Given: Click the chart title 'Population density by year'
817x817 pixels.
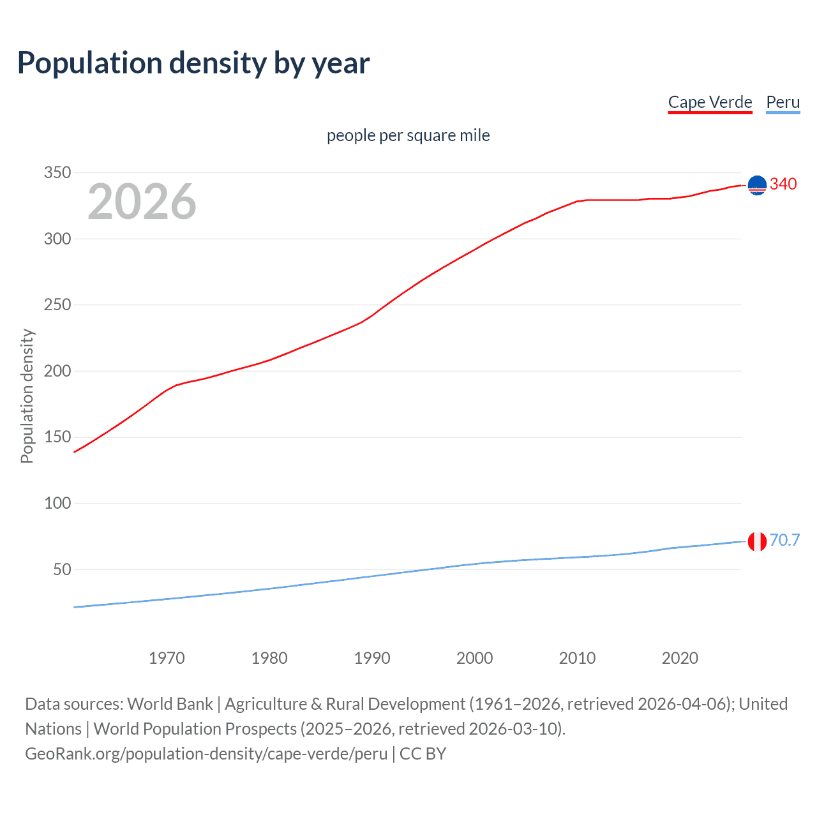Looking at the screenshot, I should pos(193,63).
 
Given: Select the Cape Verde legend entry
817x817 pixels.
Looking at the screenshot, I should pos(710,102).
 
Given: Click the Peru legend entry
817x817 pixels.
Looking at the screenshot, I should pos(783,102).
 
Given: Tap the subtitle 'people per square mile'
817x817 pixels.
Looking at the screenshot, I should pos(408,136).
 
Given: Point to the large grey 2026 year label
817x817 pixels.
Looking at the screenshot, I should pos(142,202).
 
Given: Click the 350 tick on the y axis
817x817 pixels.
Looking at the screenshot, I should pos(57,173).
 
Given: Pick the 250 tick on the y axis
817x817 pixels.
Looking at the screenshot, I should pos(57,305).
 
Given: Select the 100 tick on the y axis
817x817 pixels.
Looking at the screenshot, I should pos(57,504).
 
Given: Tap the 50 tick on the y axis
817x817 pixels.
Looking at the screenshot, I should pos(62,569).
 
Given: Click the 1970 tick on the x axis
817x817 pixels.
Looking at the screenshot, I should pos(167,658).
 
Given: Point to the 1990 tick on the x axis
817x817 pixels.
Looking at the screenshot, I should pos(372,658).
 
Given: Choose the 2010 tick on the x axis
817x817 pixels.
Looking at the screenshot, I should pos(577,658).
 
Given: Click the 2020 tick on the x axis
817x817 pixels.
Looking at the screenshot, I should pos(680,658).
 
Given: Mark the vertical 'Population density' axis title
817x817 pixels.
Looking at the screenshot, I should pos(27,396).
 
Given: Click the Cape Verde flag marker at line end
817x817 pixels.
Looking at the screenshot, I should pos(757,185).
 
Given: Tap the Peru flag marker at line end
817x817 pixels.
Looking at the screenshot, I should pos(757,541).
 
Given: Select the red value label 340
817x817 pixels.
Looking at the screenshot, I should pos(783,184).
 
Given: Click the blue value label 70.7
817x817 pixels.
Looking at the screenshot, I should pos(784,541).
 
